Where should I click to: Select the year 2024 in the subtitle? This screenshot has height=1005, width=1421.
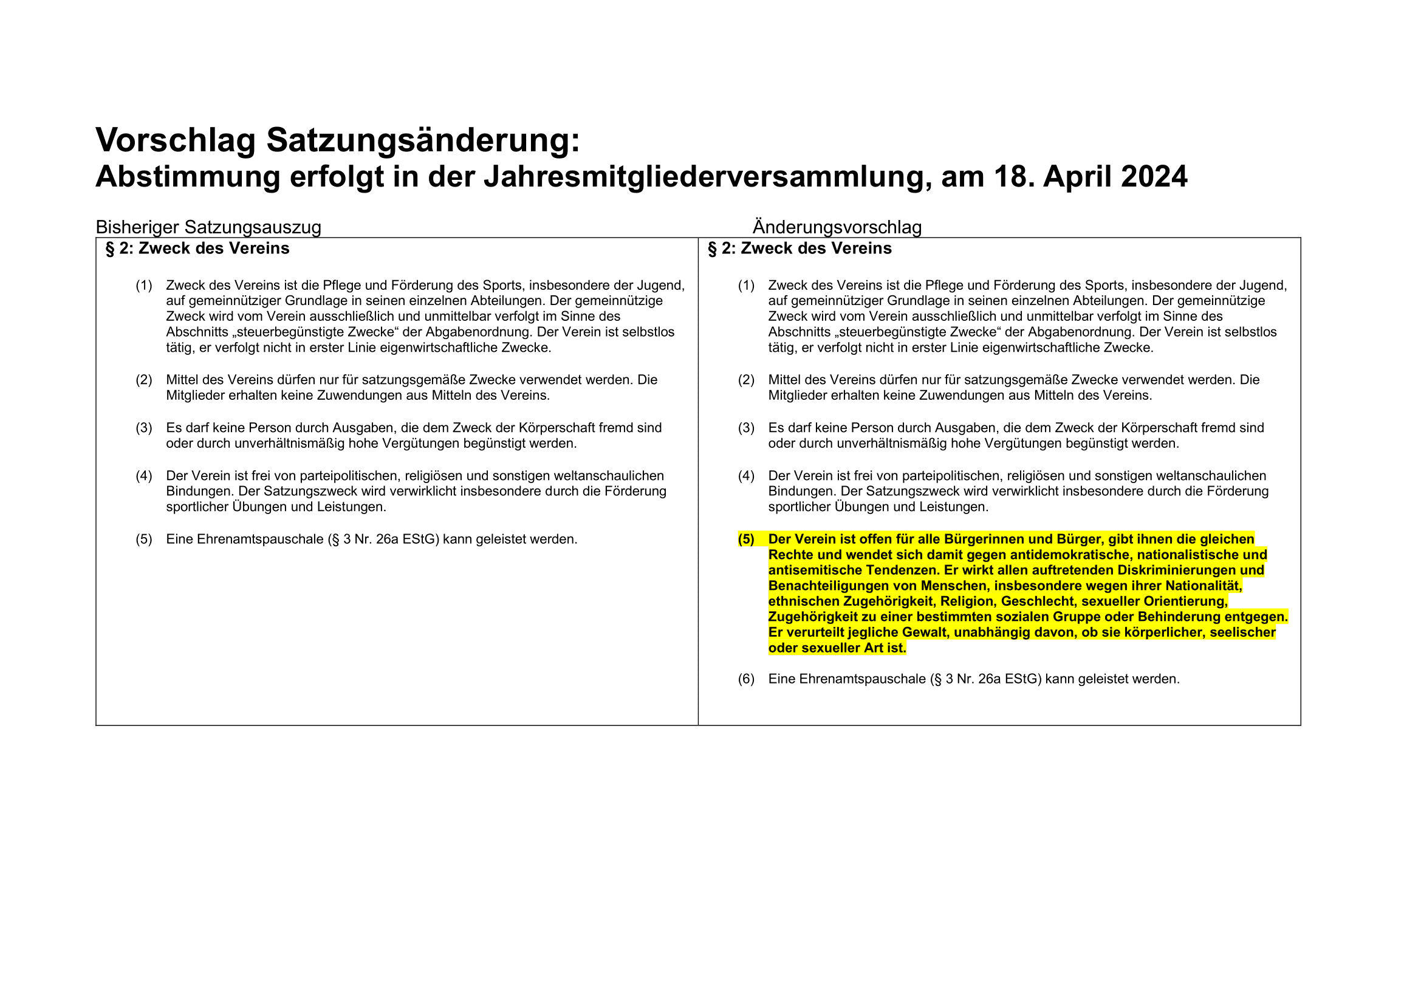point(1154,177)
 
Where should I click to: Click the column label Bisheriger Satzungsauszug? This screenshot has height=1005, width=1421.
point(208,227)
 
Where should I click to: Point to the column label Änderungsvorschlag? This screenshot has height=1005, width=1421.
point(837,227)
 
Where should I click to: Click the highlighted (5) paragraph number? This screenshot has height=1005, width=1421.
point(746,539)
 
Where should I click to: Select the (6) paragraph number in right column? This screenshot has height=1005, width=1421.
point(746,679)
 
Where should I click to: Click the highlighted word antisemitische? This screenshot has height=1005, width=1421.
point(815,570)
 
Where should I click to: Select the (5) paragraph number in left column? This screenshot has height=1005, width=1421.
point(143,539)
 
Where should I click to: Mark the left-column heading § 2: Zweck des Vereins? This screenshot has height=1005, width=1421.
point(197,249)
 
